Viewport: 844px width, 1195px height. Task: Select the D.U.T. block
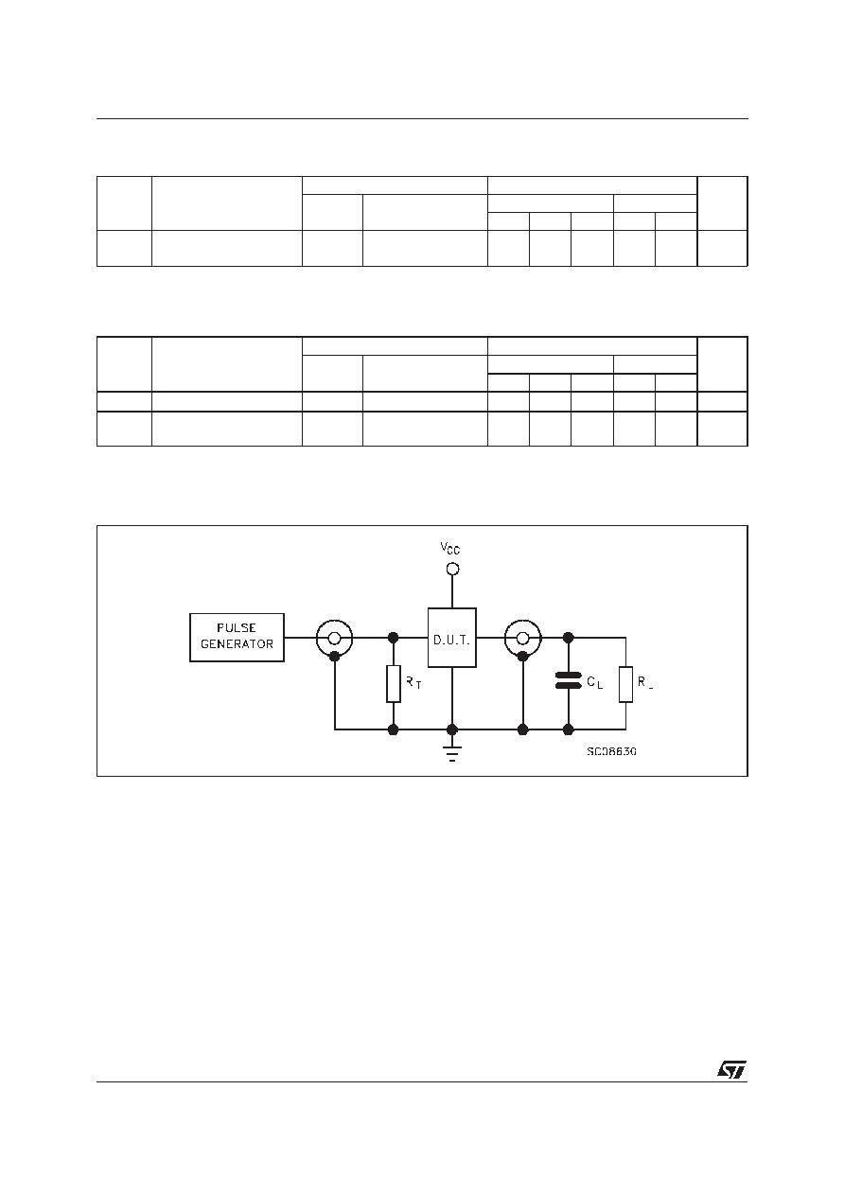(x=452, y=638)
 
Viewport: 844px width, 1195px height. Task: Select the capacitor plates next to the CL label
(x=568, y=680)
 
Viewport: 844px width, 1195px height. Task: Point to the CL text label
(x=595, y=682)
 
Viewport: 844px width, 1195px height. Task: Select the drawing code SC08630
(x=611, y=751)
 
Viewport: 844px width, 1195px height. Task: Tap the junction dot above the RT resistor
(x=394, y=638)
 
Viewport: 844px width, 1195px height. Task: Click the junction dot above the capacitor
(x=568, y=638)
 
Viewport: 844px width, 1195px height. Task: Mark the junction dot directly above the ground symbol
(x=452, y=729)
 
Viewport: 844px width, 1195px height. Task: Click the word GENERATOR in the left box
(x=237, y=644)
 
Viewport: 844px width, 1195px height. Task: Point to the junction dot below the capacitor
(x=568, y=729)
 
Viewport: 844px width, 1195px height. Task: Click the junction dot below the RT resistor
(x=394, y=729)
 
